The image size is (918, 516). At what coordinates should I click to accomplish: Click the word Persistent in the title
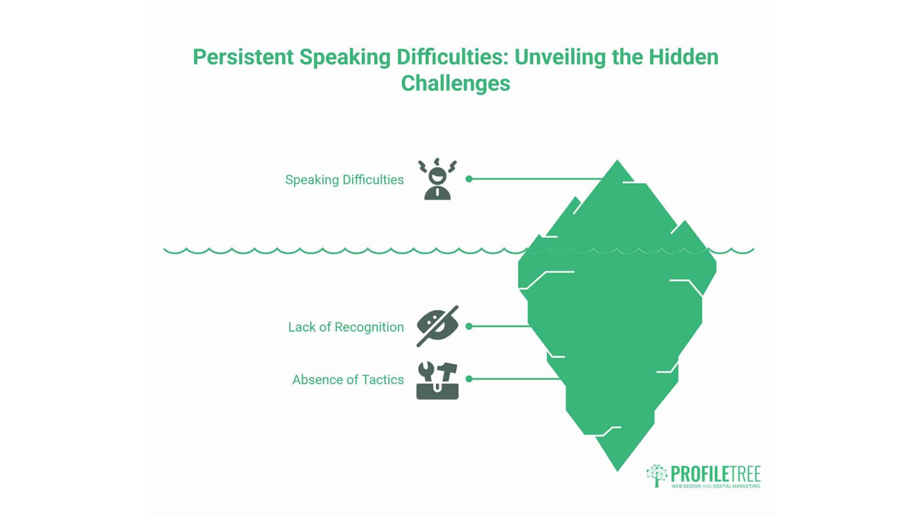tap(243, 57)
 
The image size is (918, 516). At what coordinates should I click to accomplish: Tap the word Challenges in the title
tap(456, 83)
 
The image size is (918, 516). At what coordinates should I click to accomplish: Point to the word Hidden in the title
tap(683, 57)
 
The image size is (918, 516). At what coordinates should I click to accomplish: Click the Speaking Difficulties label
tap(344, 180)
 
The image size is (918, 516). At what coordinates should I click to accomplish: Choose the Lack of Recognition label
tap(346, 327)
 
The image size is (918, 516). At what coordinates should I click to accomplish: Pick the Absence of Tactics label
tap(348, 379)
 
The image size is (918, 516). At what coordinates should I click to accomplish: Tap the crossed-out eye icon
tap(437, 326)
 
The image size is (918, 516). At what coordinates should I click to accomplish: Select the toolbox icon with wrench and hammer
tap(437, 380)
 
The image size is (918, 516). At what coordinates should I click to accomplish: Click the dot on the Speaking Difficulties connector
tap(469, 179)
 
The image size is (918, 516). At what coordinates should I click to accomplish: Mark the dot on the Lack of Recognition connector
tap(469, 326)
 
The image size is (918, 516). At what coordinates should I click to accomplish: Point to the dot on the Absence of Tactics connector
tap(469, 379)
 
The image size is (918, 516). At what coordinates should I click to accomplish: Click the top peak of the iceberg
tap(617, 161)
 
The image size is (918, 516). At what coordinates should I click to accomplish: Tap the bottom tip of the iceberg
tap(617, 471)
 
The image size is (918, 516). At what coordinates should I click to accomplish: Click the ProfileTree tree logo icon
tap(657, 475)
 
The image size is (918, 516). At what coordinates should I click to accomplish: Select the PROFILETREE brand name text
tap(716, 474)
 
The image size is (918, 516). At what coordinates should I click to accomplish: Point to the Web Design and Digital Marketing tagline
tap(716, 486)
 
